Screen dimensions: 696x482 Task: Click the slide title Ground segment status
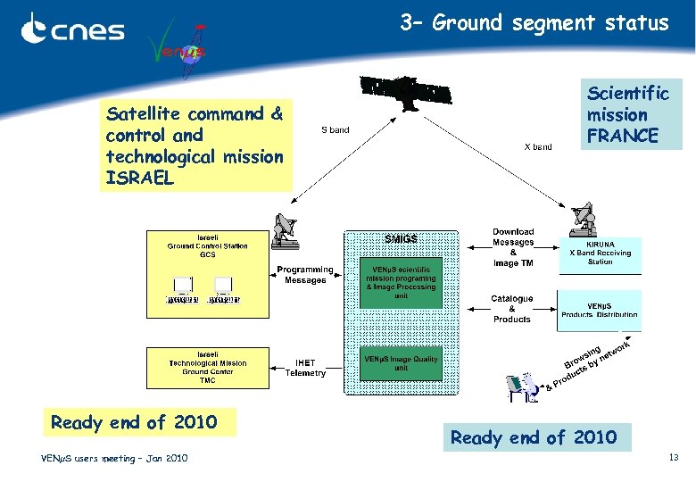(534, 22)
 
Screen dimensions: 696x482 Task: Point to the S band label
(336, 130)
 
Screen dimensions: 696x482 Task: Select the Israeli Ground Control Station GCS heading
(207, 246)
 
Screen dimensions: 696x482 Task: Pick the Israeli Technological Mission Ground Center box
(207, 368)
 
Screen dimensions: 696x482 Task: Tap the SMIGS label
(401, 238)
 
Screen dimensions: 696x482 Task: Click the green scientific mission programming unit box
(401, 283)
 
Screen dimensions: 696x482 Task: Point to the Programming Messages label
(305, 275)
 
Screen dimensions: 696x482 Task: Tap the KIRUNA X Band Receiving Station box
(600, 253)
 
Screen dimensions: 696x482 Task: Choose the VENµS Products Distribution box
(600, 309)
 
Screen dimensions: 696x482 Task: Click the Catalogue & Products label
(512, 309)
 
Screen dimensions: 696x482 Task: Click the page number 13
(674, 458)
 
